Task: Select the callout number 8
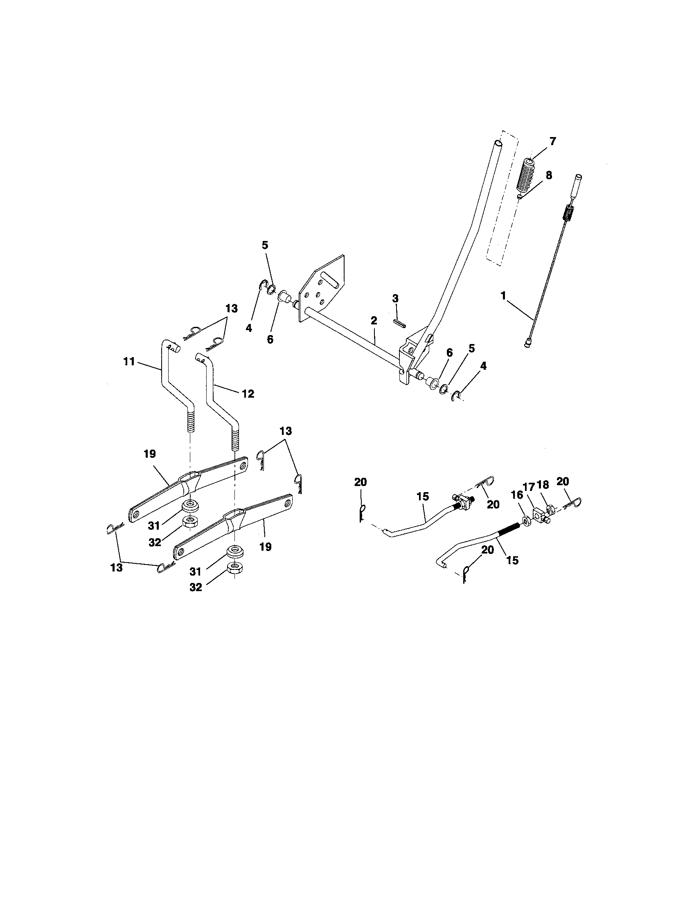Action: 548,175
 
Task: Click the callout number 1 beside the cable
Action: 503,296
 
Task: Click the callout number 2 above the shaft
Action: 373,320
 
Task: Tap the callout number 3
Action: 395,298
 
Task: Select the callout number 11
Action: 129,361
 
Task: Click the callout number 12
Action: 248,394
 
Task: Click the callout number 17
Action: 529,487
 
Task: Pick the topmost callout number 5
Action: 265,245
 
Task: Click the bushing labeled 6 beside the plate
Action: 283,296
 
